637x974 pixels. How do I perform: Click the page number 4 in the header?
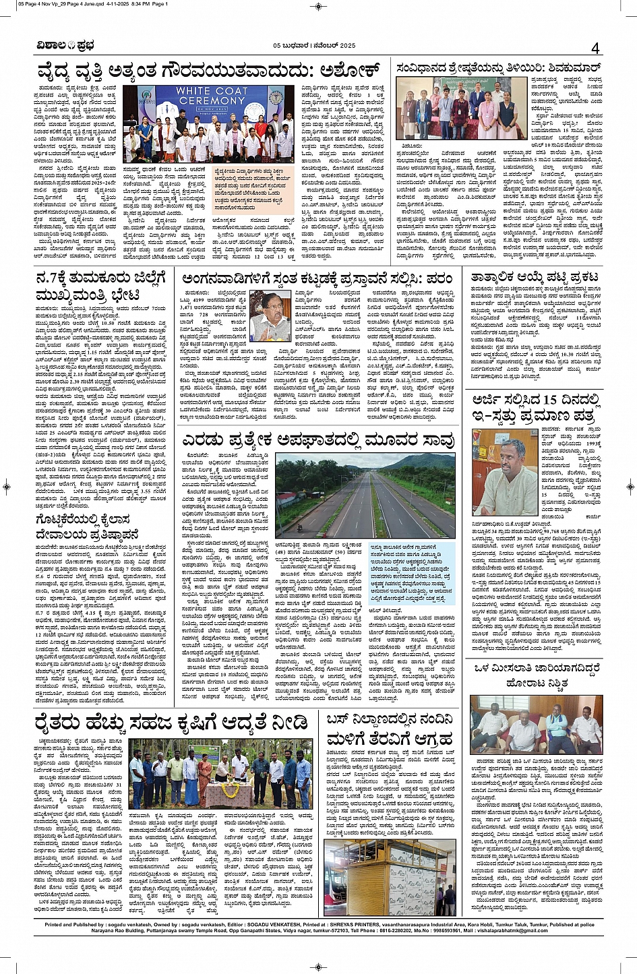pyautogui.click(x=595, y=48)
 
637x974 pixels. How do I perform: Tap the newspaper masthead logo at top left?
pyautogui.click(x=65, y=45)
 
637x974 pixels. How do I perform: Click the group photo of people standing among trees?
pyautogui.click(x=220, y=773)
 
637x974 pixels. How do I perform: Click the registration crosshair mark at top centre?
pyautogui.click(x=318, y=6)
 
